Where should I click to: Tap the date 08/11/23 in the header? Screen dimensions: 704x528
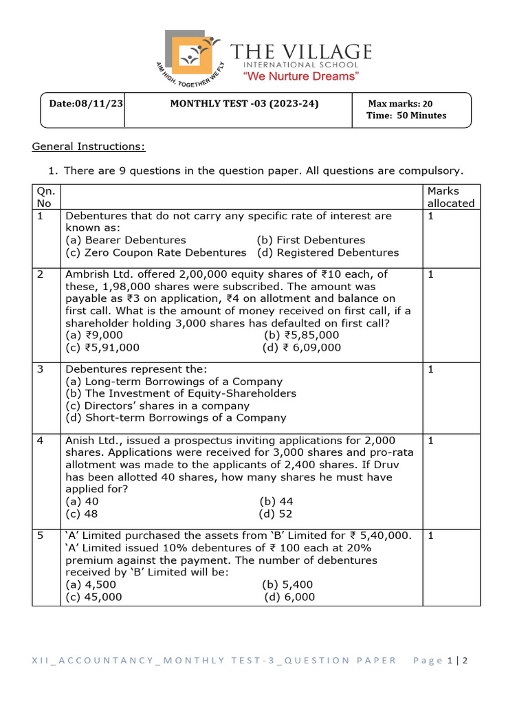(86, 103)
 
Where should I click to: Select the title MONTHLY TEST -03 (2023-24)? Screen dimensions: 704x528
(244, 103)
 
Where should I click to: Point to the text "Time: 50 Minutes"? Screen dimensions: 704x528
(406, 115)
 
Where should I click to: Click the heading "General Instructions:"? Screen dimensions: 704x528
(89, 146)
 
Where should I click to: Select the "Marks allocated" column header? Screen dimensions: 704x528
(450, 197)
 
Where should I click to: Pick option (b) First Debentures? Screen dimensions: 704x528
(311, 240)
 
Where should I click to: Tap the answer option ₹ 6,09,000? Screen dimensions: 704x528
(302, 347)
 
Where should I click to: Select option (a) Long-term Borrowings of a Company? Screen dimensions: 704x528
(174, 381)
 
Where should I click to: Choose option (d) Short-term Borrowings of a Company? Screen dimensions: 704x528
(176, 417)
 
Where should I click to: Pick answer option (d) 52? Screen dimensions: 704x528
(276, 514)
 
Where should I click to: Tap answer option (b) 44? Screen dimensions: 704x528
(276, 501)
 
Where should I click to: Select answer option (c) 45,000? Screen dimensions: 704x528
(93, 597)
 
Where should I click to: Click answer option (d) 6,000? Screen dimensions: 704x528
(289, 597)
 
